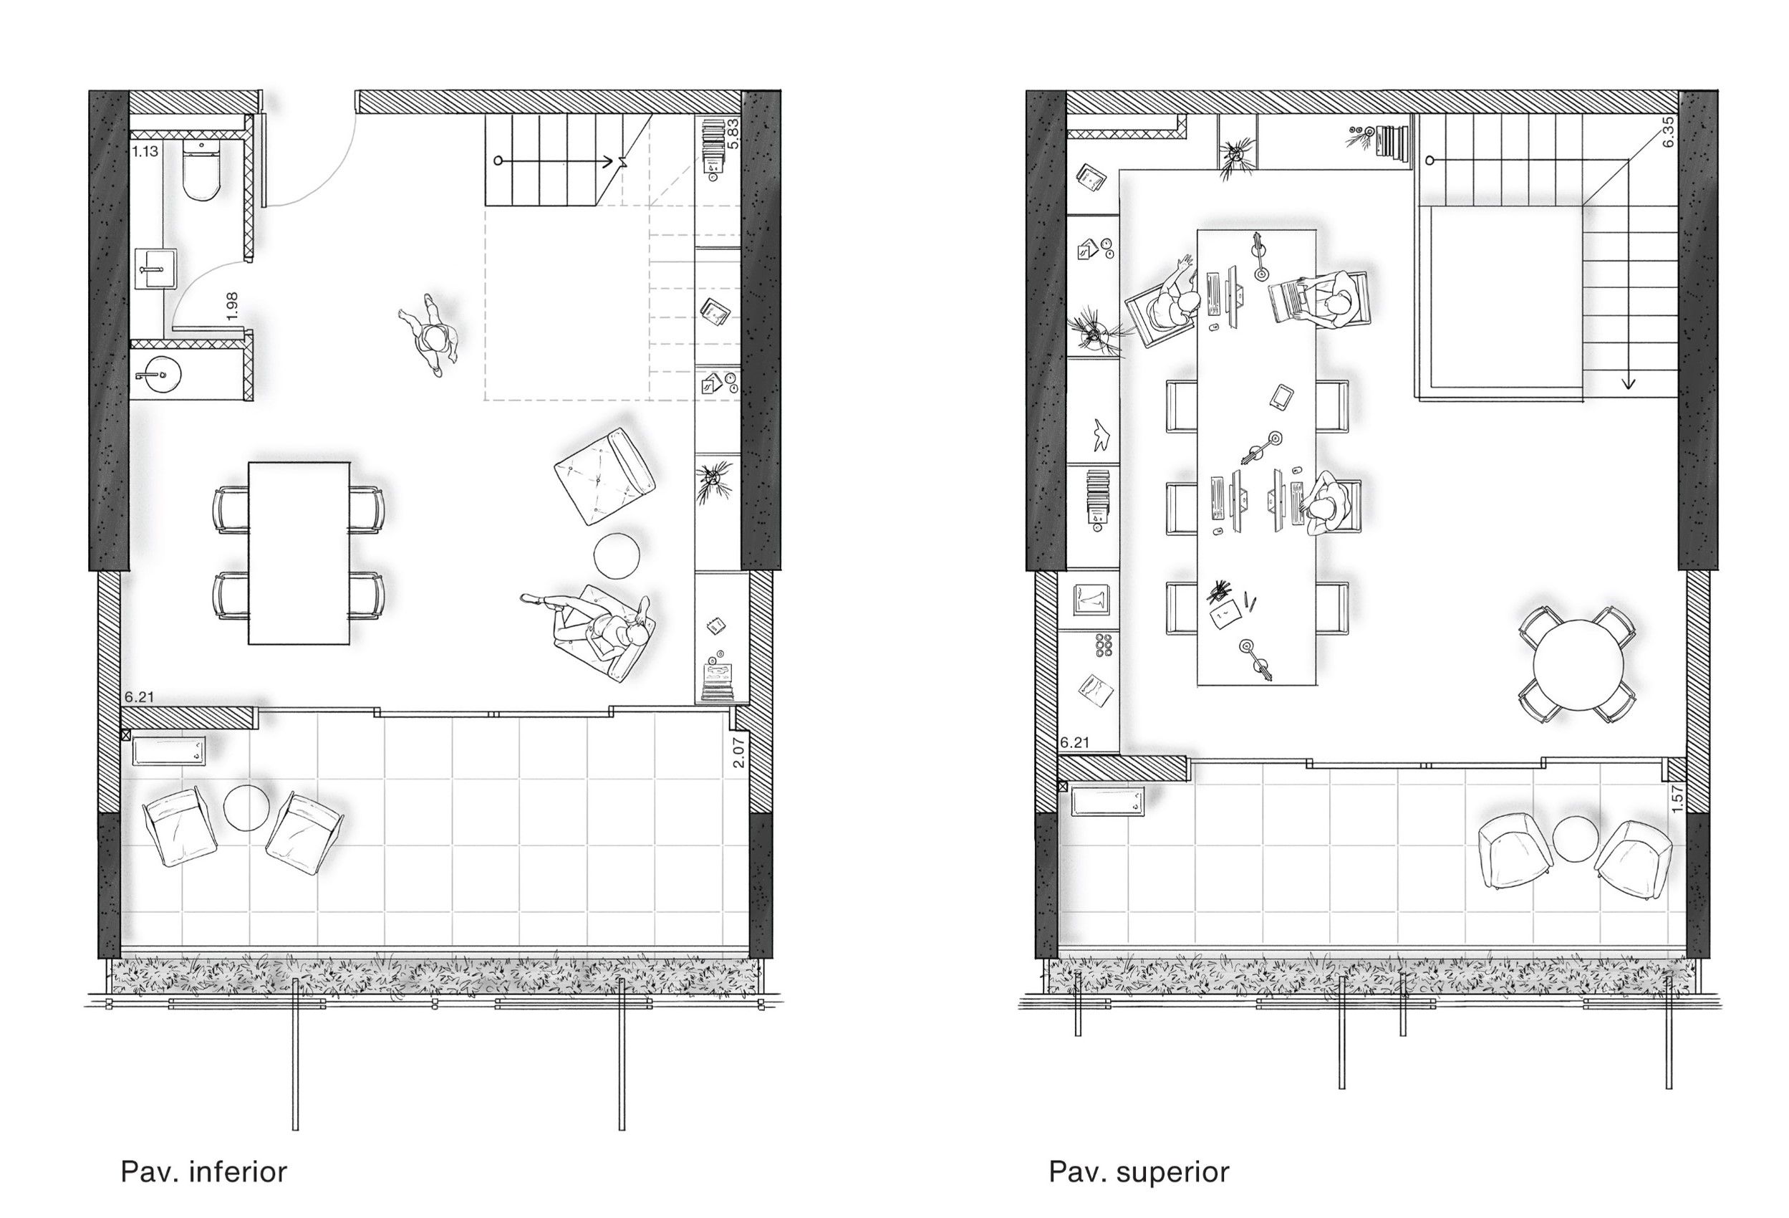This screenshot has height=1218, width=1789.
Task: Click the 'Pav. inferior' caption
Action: pyautogui.click(x=204, y=1172)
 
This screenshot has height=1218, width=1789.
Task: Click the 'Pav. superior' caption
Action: pyautogui.click(x=1139, y=1172)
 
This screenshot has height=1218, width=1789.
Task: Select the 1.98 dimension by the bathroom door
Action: pyautogui.click(x=233, y=306)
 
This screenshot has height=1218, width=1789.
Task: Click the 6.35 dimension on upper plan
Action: pyautogui.click(x=1668, y=132)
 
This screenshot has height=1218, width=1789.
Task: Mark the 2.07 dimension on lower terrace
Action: pyautogui.click(x=738, y=752)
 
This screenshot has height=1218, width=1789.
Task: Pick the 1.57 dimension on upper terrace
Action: pyautogui.click(x=1677, y=798)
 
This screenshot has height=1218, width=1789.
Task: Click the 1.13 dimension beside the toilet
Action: pyautogui.click(x=145, y=152)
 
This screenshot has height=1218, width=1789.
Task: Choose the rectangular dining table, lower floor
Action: pyautogui.click(x=299, y=553)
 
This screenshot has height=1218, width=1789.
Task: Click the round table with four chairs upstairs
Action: pyautogui.click(x=1577, y=663)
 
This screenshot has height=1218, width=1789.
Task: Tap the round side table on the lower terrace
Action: pyautogui.click(x=246, y=807)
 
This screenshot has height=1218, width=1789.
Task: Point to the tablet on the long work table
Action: pyautogui.click(x=1281, y=397)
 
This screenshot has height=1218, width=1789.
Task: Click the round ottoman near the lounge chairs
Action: pyautogui.click(x=617, y=555)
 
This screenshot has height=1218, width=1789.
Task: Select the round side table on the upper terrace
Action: pyautogui.click(x=1576, y=839)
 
